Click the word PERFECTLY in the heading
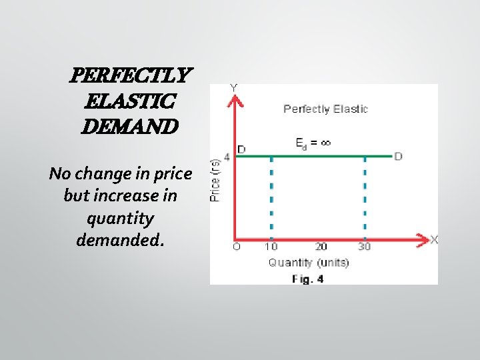(x=130, y=76)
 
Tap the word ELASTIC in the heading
(x=130, y=101)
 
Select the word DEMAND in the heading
(x=129, y=125)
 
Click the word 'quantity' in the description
(x=120, y=218)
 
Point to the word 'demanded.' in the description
(x=120, y=240)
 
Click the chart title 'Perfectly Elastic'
(x=325, y=109)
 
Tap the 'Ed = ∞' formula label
(x=313, y=142)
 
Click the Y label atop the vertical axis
(x=234, y=88)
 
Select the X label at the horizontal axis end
(x=434, y=239)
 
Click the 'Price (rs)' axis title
(x=216, y=180)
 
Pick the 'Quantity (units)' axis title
(x=308, y=263)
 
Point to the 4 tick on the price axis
(x=226, y=157)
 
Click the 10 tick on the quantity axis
(x=271, y=247)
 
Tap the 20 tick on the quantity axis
(x=321, y=247)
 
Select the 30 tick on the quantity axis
(x=365, y=247)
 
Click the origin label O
(x=236, y=247)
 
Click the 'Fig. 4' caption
(x=308, y=279)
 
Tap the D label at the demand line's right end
(x=398, y=157)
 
